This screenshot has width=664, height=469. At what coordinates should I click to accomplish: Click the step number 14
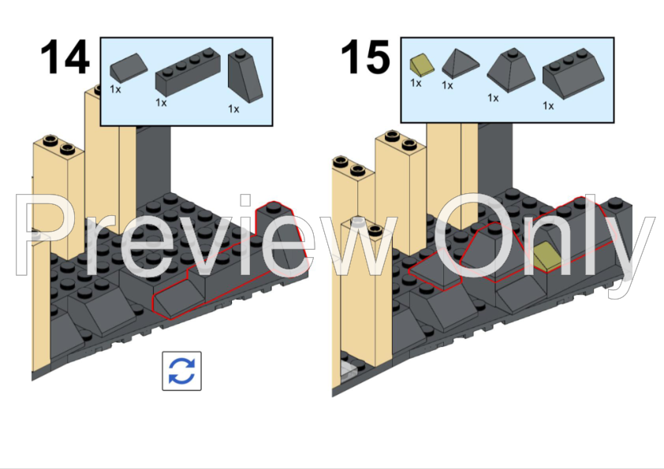65,57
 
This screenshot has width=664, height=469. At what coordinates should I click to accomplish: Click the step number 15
365,57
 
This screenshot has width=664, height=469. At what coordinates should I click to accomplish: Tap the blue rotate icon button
181,370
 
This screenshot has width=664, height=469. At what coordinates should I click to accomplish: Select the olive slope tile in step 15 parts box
422,65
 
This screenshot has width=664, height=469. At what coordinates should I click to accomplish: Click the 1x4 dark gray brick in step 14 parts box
188,72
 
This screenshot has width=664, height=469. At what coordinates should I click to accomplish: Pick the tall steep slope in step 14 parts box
245,76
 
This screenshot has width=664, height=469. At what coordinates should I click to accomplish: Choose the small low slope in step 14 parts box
129,66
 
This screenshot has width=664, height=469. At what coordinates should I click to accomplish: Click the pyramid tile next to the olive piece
461,64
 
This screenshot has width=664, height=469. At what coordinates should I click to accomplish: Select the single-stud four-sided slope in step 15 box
513,69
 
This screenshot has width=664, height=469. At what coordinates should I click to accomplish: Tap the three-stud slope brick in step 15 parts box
573,73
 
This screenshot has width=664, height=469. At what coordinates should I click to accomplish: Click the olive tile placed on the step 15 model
546,256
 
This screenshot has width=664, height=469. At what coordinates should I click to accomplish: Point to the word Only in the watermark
544,244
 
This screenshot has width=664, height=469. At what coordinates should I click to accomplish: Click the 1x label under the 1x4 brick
161,102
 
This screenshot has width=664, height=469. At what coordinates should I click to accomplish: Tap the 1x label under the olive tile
416,83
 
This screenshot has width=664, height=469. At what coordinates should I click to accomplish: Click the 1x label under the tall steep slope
233,110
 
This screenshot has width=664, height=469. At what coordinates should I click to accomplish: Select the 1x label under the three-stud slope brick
548,106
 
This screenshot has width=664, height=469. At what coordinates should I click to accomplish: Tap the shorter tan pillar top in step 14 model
58,144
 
